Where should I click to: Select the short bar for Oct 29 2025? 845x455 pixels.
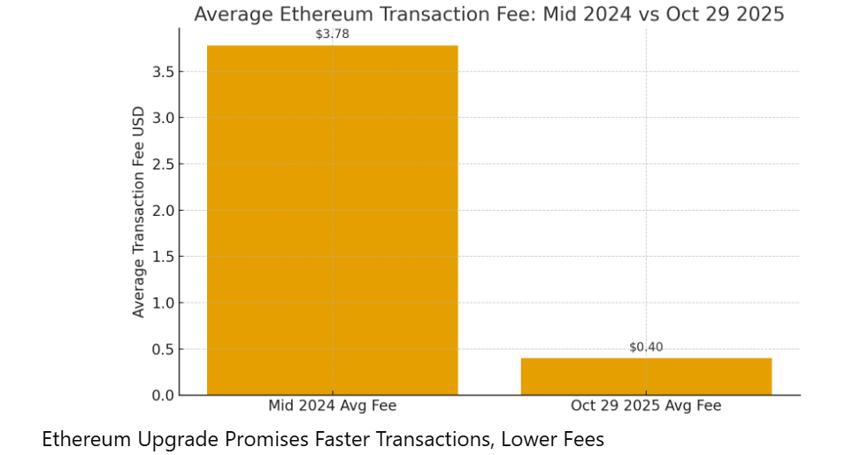click(646, 376)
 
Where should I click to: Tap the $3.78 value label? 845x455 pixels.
click(332, 35)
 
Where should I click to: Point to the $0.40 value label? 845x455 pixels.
click(646, 347)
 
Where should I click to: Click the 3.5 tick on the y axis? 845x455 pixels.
click(162, 72)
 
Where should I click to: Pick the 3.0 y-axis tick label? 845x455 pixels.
click(162, 118)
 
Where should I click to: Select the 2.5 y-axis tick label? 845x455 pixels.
click(162, 164)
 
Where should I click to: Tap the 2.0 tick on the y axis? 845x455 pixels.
click(162, 211)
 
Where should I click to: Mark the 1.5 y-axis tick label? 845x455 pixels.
click(162, 257)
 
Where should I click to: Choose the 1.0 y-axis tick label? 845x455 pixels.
click(162, 303)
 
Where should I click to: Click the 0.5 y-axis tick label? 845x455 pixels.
click(162, 349)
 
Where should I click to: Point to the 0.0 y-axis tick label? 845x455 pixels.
click(162, 395)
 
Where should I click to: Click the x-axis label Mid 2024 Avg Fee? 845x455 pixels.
click(332, 406)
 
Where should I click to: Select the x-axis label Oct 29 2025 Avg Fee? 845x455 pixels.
click(646, 406)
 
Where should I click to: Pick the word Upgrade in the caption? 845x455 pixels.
click(165, 439)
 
